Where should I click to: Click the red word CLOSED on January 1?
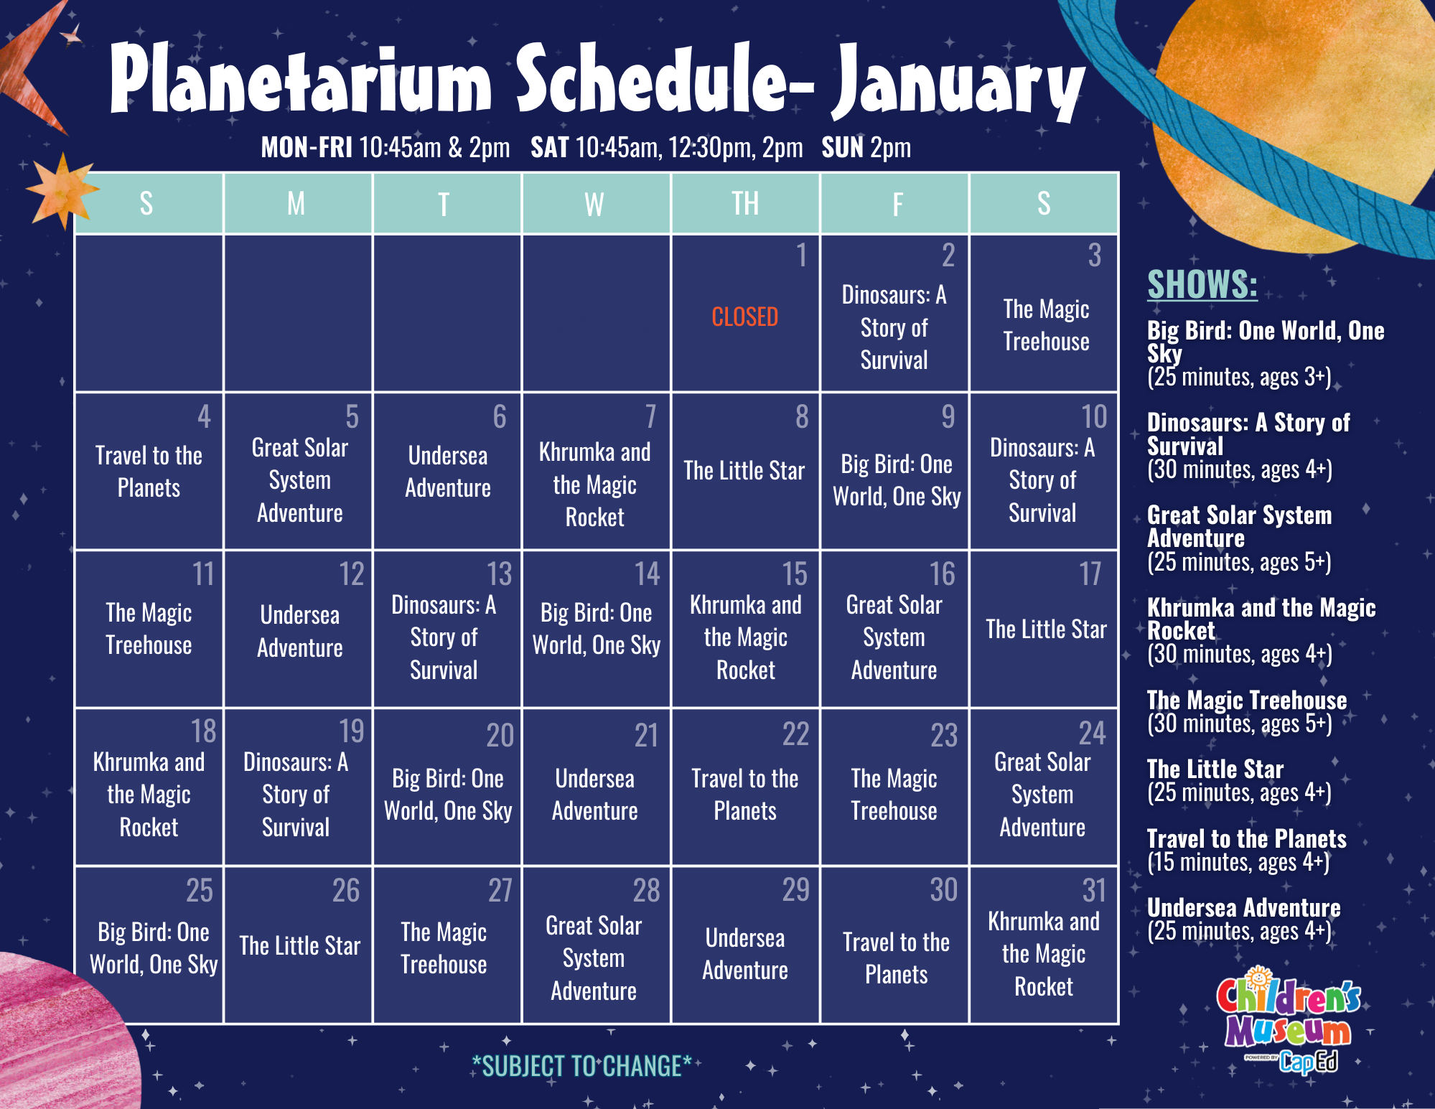pos(744,317)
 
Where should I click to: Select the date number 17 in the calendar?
pos(1090,574)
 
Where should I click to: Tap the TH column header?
pos(745,204)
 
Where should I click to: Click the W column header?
pos(594,205)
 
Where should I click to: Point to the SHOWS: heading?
pos(1202,284)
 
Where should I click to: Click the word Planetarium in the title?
pos(302,79)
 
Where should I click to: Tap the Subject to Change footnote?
pos(581,1066)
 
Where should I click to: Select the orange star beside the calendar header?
pos(62,190)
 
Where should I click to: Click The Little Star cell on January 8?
pos(744,471)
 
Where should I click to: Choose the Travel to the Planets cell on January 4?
pos(149,472)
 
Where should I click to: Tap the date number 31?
pos(1094,891)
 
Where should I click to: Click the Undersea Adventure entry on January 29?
pos(745,954)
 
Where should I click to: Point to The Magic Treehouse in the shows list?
pos(1247,700)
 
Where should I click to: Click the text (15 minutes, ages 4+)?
pos(1238,862)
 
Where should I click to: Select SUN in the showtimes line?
pos(843,148)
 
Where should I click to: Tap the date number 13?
pos(500,574)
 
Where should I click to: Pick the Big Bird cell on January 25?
pos(154,948)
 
